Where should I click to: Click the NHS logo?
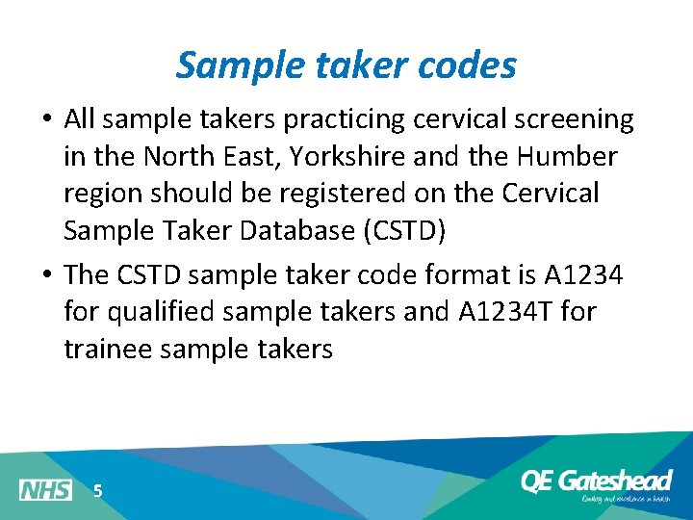(x=45, y=490)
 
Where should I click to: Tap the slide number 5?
(x=97, y=491)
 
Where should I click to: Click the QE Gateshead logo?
(x=595, y=483)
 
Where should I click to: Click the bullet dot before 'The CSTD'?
(x=46, y=275)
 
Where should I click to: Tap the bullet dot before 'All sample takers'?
(x=46, y=120)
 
